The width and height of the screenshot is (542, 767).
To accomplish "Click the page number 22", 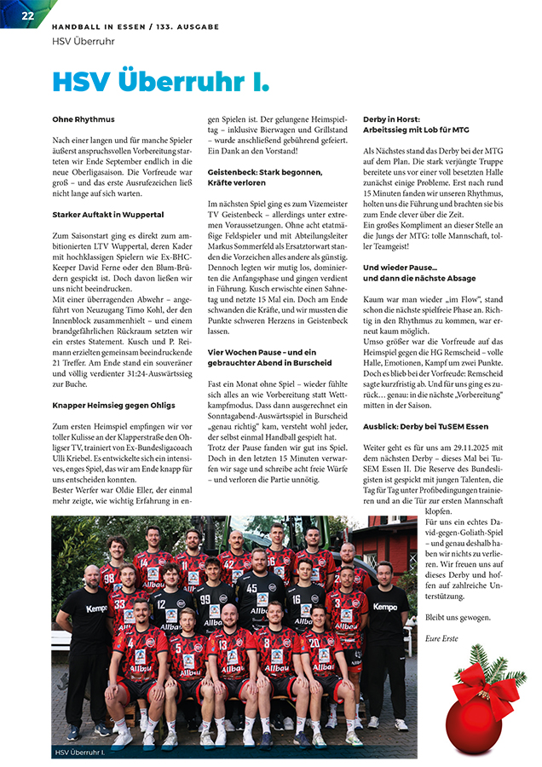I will click(28, 16).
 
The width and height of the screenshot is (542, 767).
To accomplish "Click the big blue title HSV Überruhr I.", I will click(160, 82).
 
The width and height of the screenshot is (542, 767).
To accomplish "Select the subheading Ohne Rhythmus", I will click(83, 120).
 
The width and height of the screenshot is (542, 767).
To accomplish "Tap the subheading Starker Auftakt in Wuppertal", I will click(107, 215).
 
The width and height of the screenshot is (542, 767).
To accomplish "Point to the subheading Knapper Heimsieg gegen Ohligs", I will click(112, 405).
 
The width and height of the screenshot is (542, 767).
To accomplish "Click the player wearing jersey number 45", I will click(252, 597).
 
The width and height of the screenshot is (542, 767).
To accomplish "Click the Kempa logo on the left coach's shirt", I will click(97, 608).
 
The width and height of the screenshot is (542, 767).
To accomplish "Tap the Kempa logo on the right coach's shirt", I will click(385, 607).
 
